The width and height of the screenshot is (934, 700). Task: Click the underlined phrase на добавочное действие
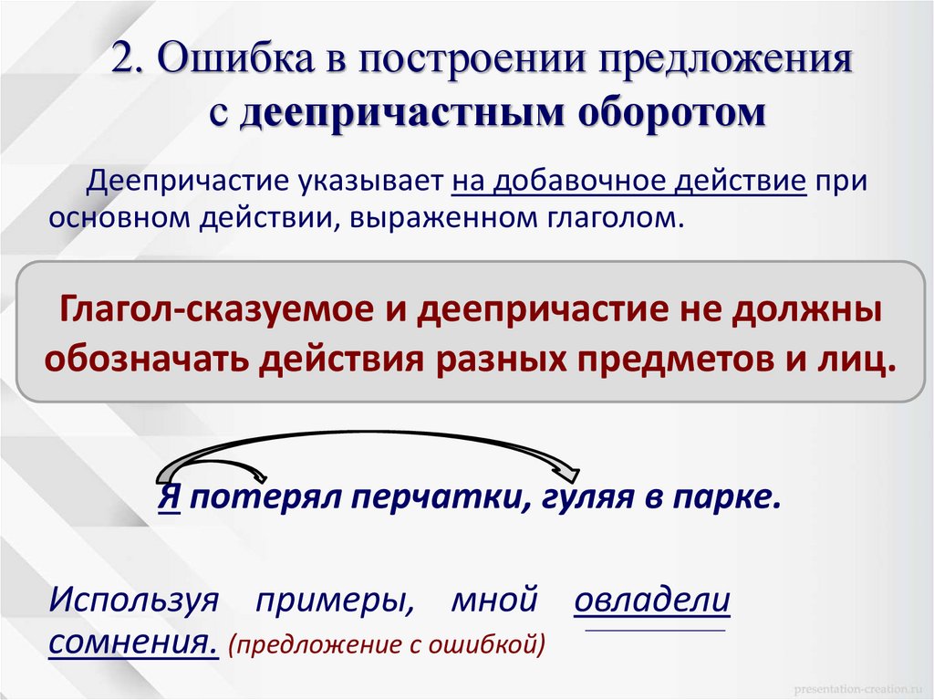628,180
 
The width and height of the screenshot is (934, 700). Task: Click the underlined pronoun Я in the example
168,499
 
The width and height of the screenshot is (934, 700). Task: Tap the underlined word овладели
652,603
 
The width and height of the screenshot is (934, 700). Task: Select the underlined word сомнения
133,643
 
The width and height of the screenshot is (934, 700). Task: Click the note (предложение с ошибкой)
387,646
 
